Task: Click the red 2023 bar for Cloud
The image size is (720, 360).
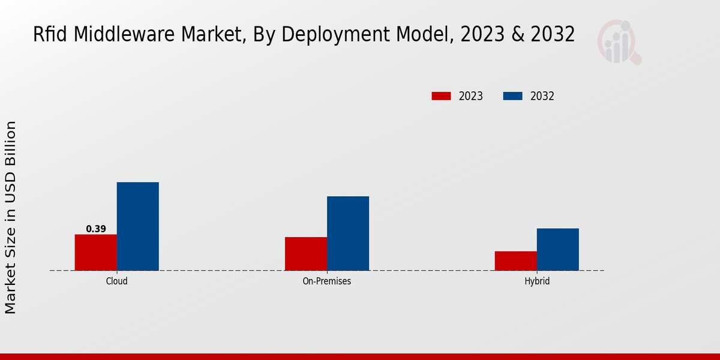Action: tap(95, 252)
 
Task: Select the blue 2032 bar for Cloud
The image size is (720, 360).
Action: tap(137, 226)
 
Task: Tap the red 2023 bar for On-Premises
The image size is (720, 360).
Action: tap(306, 254)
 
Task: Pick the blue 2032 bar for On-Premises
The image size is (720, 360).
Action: tap(348, 233)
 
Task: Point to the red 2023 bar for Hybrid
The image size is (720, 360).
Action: tap(515, 260)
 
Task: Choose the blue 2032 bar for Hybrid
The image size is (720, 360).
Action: tap(557, 249)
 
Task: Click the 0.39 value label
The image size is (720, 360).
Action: tap(96, 229)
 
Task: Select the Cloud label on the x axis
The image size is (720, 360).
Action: tap(116, 281)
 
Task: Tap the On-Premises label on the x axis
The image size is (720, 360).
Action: tap(327, 281)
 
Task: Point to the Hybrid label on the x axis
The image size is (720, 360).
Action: tap(536, 281)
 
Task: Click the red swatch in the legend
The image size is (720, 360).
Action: tap(441, 96)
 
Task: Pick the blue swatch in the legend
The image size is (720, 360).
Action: tap(512, 96)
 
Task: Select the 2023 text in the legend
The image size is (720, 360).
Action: tap(471, 96)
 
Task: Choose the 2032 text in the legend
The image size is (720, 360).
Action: tap(542, 96)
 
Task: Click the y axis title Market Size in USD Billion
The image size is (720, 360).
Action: tap(11, 217)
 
